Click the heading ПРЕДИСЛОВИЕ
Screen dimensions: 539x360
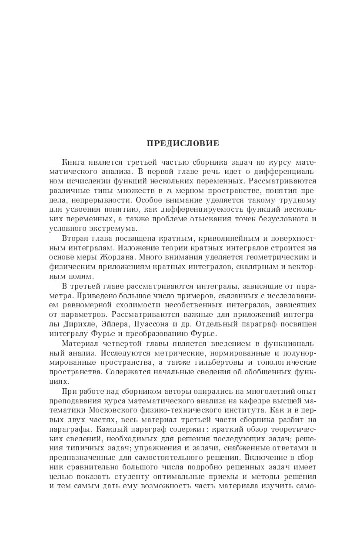(183, 143)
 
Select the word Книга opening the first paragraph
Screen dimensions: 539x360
(73, 162)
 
